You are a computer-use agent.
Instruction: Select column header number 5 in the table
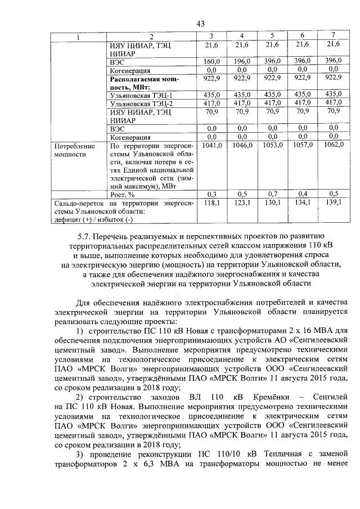272,37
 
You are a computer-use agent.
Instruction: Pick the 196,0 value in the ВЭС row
242,61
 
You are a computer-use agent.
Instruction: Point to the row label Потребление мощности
70,149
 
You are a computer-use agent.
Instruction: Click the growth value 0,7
272,193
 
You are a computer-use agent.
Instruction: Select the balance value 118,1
211,202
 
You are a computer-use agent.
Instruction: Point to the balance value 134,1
303,202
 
